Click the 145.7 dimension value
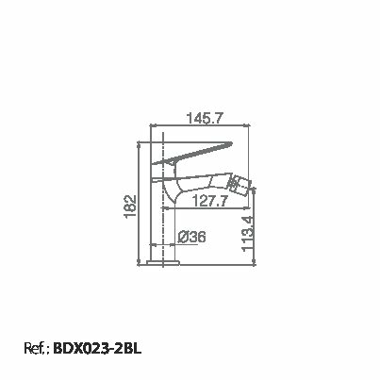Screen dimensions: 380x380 coord(205,120)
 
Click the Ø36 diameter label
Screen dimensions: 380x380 coord(192,238)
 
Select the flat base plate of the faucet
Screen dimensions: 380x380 coord(165,261)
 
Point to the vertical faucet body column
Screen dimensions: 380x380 coord(165,222)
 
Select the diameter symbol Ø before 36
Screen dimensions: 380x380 coord(183,238)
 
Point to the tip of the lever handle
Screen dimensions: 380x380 coord(232,144)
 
